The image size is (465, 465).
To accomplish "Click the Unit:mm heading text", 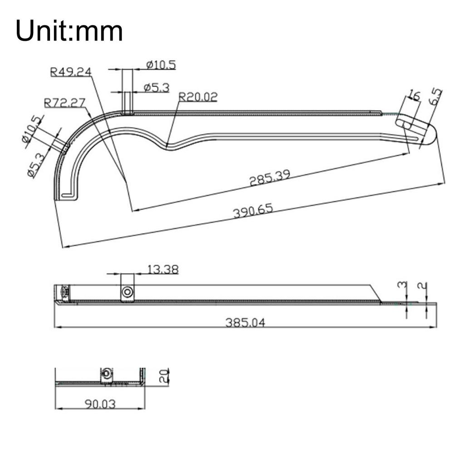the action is point(69,31).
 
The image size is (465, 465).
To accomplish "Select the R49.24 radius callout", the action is point(71,72).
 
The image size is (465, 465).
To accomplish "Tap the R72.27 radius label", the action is point(64,103).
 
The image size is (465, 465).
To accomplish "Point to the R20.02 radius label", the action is point(198,97).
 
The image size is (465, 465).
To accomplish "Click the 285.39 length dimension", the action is point(270,178).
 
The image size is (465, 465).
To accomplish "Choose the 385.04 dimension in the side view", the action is point(245,322).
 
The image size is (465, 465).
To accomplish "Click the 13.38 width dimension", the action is point(163,269).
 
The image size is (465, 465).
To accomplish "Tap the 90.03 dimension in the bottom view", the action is point(100,404).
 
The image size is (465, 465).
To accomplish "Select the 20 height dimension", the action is point(164,376).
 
